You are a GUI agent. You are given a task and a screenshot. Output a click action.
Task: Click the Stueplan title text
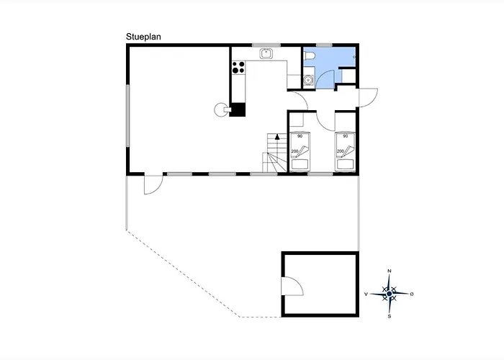pyautogui.click(x=143, y=37)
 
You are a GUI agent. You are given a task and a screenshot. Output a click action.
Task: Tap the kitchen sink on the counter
pyautogui.click(x=266, y=54)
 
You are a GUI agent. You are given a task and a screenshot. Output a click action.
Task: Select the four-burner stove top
pyautogui.click(x=238, y=68)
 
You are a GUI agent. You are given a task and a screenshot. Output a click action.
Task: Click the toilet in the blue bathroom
pyautogui.click(x=309, y=56)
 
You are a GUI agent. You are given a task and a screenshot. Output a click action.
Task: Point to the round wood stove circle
pyautogui.click(x=220, y=109)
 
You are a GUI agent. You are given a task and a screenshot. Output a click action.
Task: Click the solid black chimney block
pyautogui.click(x=238, y=109)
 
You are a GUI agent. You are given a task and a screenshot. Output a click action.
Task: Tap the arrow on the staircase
pyautogui.click(x=277, y=137)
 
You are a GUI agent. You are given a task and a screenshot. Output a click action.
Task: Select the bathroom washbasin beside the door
pyautogui.click(x=309, y=79)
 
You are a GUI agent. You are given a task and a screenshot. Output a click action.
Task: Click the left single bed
pyautogui.click(x=300, y=151)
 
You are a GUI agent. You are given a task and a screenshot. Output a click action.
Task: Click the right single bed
pyautogui.click(x=345, y=151)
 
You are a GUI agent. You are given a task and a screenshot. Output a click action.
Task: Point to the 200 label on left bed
pyautogui.click(x=294, y=151)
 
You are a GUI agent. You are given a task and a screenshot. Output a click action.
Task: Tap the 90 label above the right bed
pyautogui.click(x=345, y=136)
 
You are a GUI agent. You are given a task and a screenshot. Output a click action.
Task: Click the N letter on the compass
pyautogui.click(x=390, y=271)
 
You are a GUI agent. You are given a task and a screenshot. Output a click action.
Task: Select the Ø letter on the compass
pyautogui.click(x=412, y=294)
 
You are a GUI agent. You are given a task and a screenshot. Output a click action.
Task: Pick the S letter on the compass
pyautogui.click(x=390, y=317)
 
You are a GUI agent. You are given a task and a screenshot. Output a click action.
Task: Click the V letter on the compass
pyautogui.click(x=366, y=294)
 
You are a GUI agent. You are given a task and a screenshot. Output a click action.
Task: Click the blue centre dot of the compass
pyautogui.click(x=390, y=294)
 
